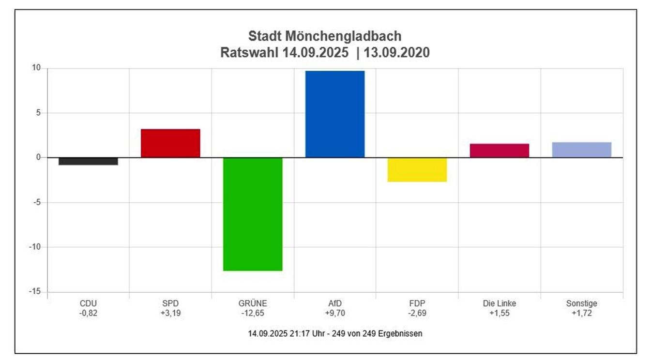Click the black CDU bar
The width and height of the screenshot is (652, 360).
click(x=88, y=161)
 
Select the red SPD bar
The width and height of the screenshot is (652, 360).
click(x=170, y=143)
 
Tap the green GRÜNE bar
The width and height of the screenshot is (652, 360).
click(x=253, y=214)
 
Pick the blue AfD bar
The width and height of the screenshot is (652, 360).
click(x=335, y=114)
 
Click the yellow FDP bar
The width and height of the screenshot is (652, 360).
click(x=417, y=170)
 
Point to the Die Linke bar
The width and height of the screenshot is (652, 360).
click(x=500, y=150)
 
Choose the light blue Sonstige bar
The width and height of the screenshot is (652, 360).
click(x=582, y=150)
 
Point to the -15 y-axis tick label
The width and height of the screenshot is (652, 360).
click(x=35, y=292)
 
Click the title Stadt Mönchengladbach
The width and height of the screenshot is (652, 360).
click(x=325, y=36)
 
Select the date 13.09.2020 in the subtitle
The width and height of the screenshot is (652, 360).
click(x=397, y=52)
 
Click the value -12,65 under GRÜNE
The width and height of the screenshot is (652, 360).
click(x=253, y=313)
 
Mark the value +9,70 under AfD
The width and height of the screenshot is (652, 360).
click(x=335, y=313)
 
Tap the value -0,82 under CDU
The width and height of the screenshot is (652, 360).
click(x=88, y=313)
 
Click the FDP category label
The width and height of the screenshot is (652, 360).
click(x=417, y=303)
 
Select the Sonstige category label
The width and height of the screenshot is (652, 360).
click(x=582, y=303)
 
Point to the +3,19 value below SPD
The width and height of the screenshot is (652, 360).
click(x=170, y=313)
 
